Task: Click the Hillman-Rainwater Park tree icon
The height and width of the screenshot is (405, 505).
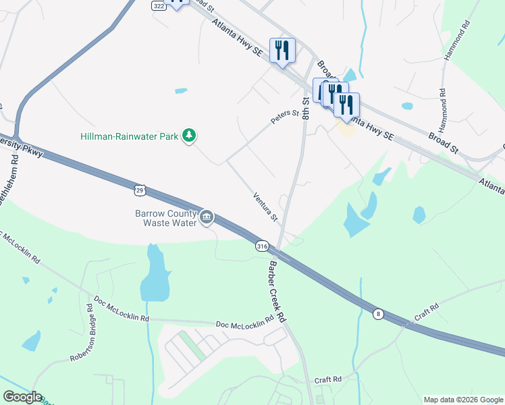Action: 190,136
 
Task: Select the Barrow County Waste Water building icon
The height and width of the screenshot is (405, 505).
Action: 207,217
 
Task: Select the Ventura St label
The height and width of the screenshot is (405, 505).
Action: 265,207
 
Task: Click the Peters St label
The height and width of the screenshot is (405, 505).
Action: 284,117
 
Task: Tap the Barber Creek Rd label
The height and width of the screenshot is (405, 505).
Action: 277,291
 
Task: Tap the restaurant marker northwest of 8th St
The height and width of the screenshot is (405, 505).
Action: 282,50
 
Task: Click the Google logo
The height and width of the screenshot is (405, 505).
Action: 22,397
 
